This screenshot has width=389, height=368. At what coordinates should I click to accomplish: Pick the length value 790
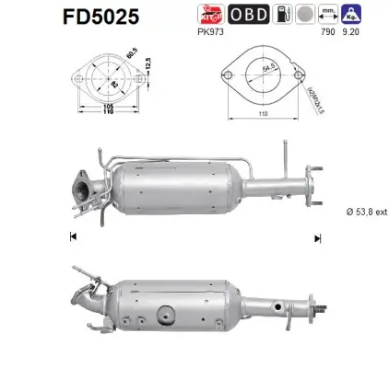pos(323,35)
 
